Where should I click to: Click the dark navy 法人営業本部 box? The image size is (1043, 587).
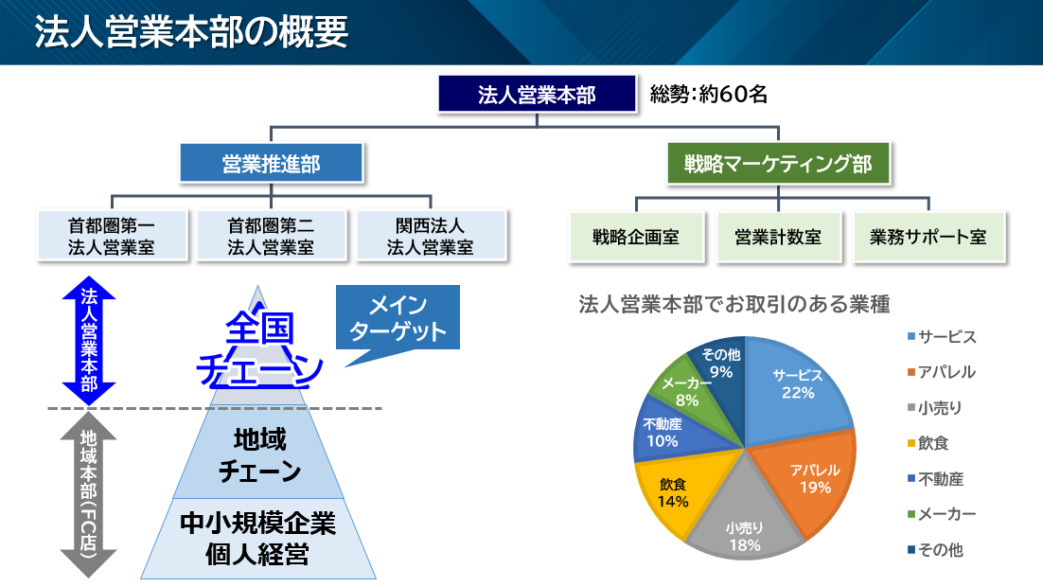536,95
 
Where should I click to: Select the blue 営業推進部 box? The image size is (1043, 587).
272,163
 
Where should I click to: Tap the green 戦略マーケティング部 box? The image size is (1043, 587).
778,163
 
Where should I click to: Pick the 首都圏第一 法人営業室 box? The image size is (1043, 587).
112,236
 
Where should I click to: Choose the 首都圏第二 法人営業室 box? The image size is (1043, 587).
271,236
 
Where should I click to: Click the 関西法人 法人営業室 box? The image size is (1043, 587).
431,236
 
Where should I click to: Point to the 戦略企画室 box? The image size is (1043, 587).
636,237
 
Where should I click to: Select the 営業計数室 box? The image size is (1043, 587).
778,237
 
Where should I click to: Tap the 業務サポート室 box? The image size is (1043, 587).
928,237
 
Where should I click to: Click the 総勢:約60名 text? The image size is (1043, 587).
708,95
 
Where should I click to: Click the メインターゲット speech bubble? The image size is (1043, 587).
398,320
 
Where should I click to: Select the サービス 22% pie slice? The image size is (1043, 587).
800,388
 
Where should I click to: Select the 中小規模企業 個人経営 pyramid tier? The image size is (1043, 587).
257,539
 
